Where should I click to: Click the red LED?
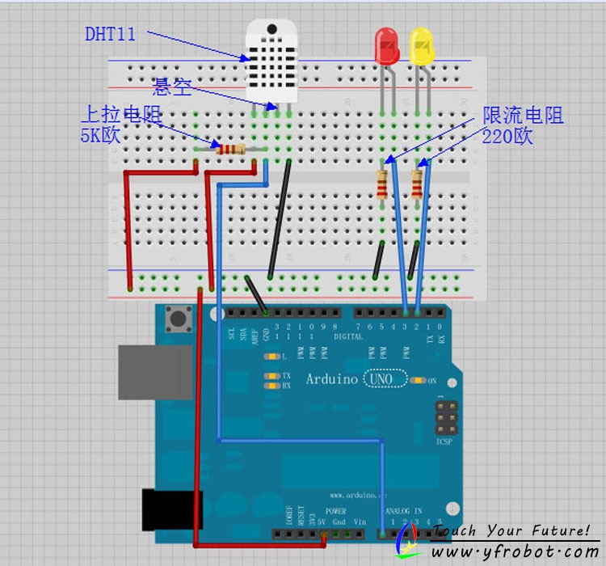coord(386,46)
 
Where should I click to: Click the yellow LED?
coord(421,46)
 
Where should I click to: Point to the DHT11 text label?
coord(110,34)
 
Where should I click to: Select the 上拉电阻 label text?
coord(120,114)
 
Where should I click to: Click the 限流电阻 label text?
coord(523,116)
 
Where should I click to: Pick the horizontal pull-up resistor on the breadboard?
coord(229,148)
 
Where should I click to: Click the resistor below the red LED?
coord(382,184)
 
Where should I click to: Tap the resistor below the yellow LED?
coord(417,184)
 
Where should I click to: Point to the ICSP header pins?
coord(446,416)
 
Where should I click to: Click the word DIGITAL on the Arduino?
coord(348,336)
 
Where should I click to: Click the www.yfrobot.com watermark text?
coord(515,551)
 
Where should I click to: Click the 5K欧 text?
coord(100,135)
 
